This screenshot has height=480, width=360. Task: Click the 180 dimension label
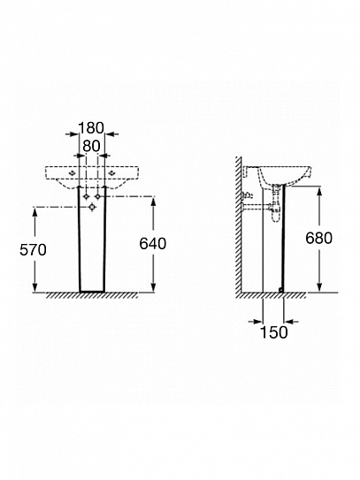[91, 127]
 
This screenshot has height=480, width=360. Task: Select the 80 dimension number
[91, 147]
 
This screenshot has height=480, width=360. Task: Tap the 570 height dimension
[33, 250]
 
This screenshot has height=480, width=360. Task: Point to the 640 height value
[152, 244]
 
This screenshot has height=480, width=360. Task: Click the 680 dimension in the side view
[318, 238]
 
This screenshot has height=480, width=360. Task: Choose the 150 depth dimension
[274, 332]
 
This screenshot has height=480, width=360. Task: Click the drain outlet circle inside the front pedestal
[92, 208]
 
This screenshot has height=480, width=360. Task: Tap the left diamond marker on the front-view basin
[72, 173]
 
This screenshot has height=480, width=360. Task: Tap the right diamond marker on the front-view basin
[111, 173]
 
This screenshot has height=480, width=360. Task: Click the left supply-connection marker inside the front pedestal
[86, 196]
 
